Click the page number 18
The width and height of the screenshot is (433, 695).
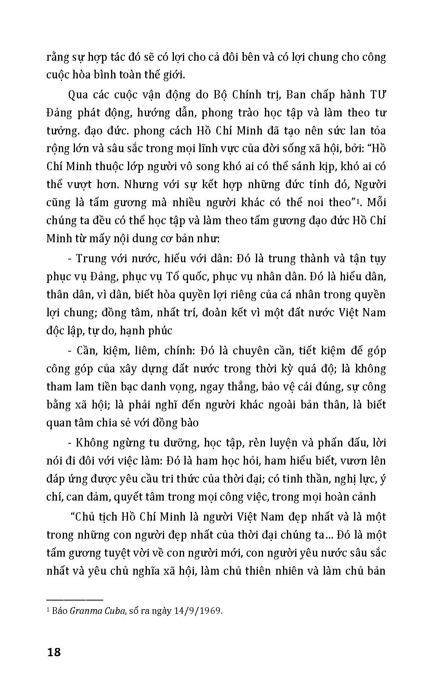[x=54, y=652]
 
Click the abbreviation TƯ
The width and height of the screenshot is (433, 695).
[x=378, y=94]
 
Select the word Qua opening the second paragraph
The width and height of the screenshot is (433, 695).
[x=78, y=94]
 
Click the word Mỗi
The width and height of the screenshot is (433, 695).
[x=376, y=202]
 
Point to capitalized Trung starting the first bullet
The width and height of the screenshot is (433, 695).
[x=90, y=258]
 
